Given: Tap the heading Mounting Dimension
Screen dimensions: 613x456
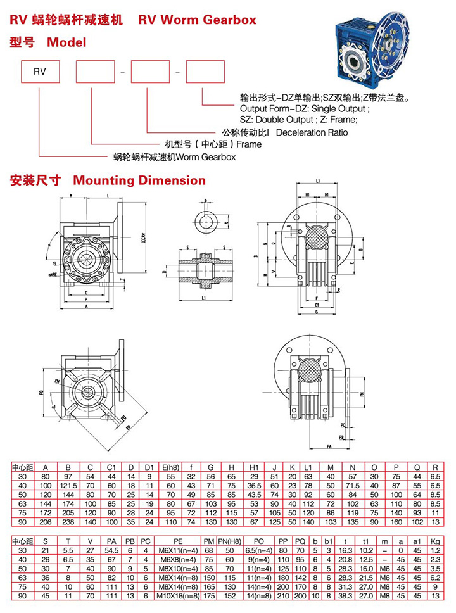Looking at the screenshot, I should coord(139,180).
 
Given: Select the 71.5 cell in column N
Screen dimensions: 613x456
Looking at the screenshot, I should coord(353,485).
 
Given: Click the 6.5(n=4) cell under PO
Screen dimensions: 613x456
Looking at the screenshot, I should coord(260,552).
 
